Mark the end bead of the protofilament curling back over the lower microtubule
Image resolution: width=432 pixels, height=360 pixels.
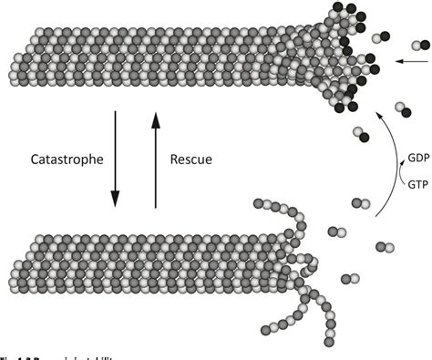click(258, 202)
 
